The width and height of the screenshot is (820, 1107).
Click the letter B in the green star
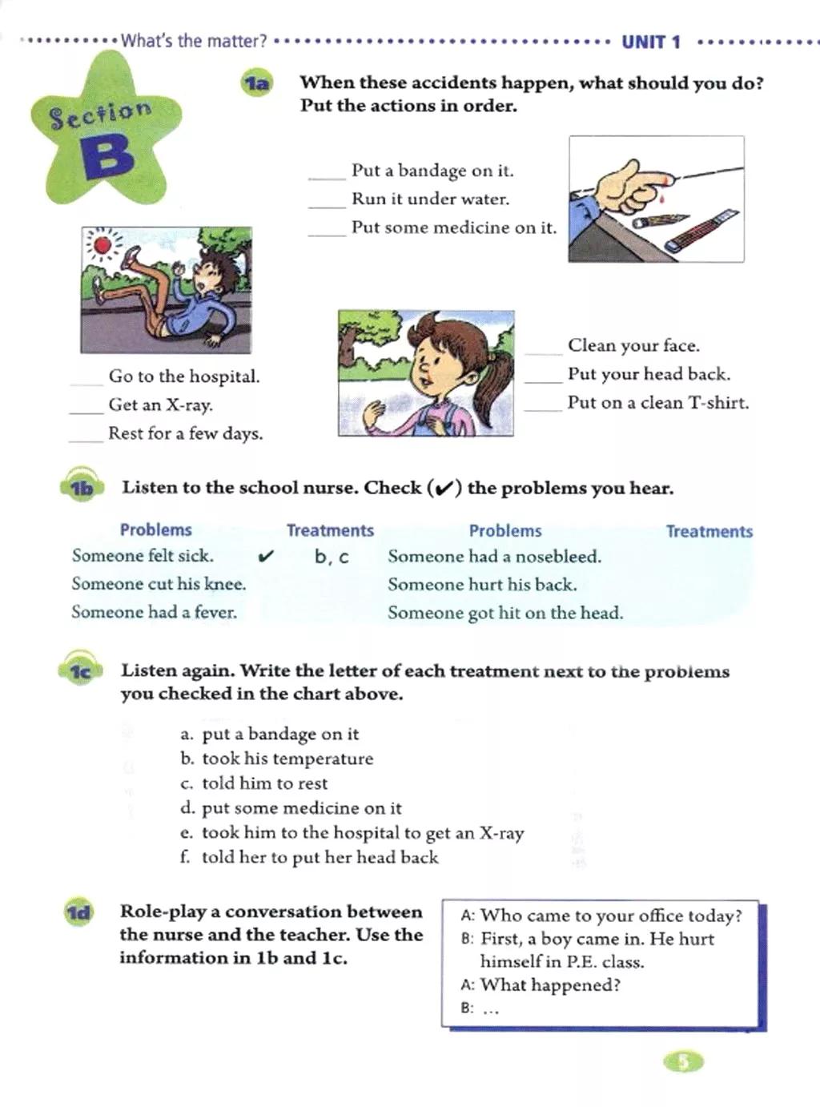coord(107,156)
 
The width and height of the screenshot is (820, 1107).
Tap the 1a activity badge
coord(257,83)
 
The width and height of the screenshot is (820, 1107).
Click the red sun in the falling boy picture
coord(102,244)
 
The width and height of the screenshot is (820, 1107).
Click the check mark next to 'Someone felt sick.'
coord(267,555)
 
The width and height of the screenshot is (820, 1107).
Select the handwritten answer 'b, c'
coord(332,557)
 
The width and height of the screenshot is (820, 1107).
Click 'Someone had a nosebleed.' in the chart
coord(494,557)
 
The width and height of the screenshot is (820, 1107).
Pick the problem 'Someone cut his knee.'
coord(159,584)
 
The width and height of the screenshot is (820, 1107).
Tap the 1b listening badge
coord(81,488)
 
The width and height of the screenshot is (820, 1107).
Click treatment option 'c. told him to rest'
coord(254,783)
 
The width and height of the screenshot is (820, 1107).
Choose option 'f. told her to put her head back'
coord(309,857)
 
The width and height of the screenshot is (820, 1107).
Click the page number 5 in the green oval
coord(683,1062)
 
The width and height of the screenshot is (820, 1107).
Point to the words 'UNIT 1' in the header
coord(650,42)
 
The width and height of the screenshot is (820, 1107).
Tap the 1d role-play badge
coord(79,912)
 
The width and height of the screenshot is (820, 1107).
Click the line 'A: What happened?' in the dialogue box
coord(541,985)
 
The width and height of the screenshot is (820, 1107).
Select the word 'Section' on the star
coord(100,115)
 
